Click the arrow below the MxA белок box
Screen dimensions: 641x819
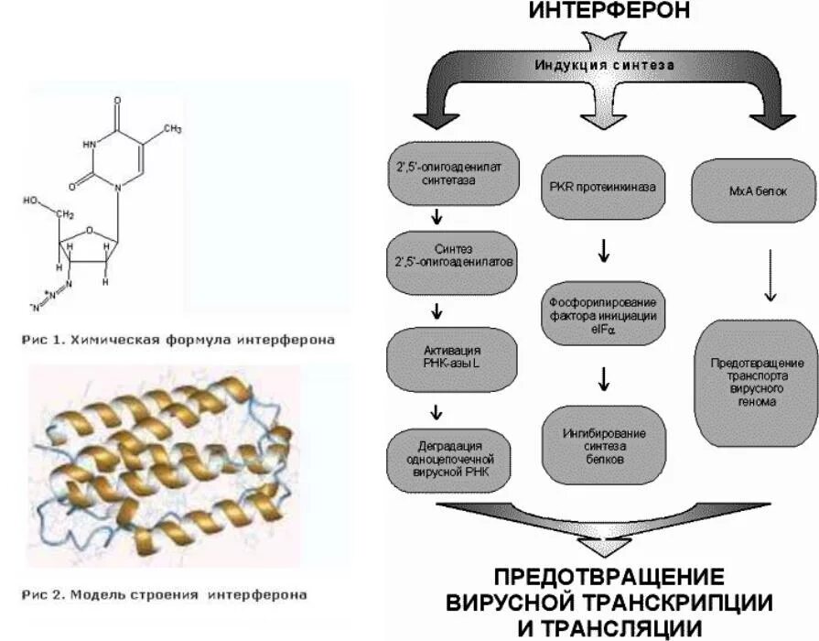coord(770,275)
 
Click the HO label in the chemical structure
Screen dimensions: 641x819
coord(32,199)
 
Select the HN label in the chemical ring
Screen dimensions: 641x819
coord(89,143)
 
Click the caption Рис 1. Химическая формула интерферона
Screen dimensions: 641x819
coord(178,340)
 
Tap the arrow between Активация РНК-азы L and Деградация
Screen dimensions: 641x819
coord(437,410)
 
